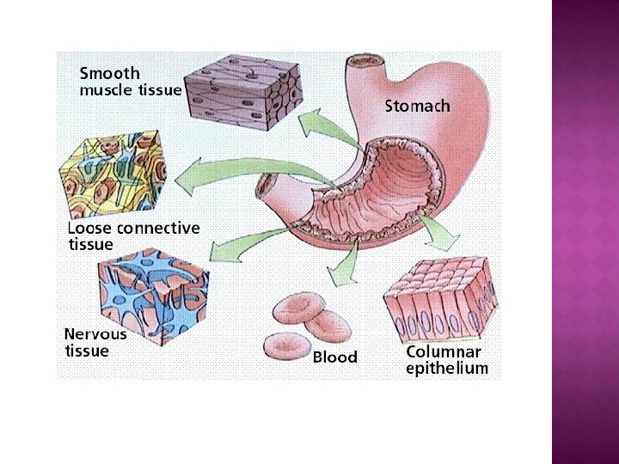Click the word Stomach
click(x=417, y=107)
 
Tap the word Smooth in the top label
click(x=109, y=73)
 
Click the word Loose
click(x=89, y=229)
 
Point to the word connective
click(x=157, y=229)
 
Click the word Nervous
click(x=95, y=333)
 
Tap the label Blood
click(x=334, y=357)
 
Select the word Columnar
click(x=444, y=351)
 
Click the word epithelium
click(x=447, y=369)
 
